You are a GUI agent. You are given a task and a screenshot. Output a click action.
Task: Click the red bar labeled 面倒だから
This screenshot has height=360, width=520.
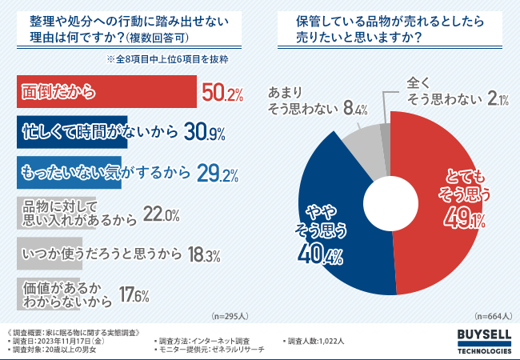click(x=104, y=93)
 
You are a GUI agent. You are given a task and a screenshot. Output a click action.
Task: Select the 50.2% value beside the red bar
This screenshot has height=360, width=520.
click(x=222, y=94)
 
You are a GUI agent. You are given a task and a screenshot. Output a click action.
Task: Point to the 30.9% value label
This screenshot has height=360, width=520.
click(x=204, y=133)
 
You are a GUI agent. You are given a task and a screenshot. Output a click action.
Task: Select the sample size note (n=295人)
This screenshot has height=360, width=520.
click(x=229, y=316)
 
